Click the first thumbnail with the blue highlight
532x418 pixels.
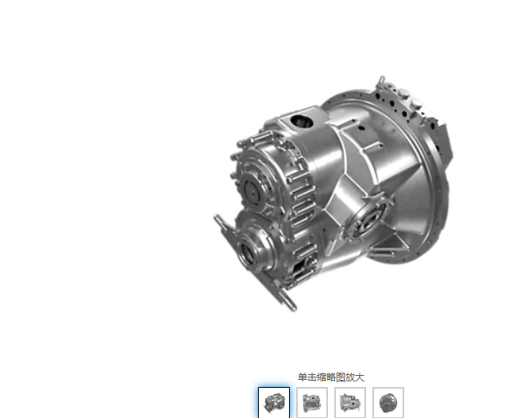[274, 403]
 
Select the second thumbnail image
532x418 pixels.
[312, 403]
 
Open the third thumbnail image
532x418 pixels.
[350, 403]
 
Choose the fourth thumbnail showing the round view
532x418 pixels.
[388, 403]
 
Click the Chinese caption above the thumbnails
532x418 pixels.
[331, 377]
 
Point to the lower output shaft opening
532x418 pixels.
[247, 252]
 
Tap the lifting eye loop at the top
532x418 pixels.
[382, 80]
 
